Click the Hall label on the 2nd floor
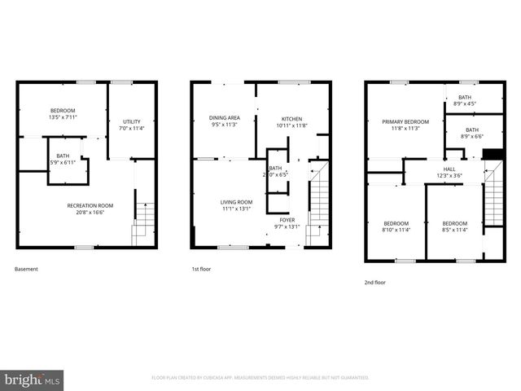coord(449,171)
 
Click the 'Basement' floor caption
coord(26,269)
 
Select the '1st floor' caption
coord(201,269)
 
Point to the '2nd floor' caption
coord(375,282)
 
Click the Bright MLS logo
coord(33,380)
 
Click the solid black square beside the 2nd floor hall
coord(491,154)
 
